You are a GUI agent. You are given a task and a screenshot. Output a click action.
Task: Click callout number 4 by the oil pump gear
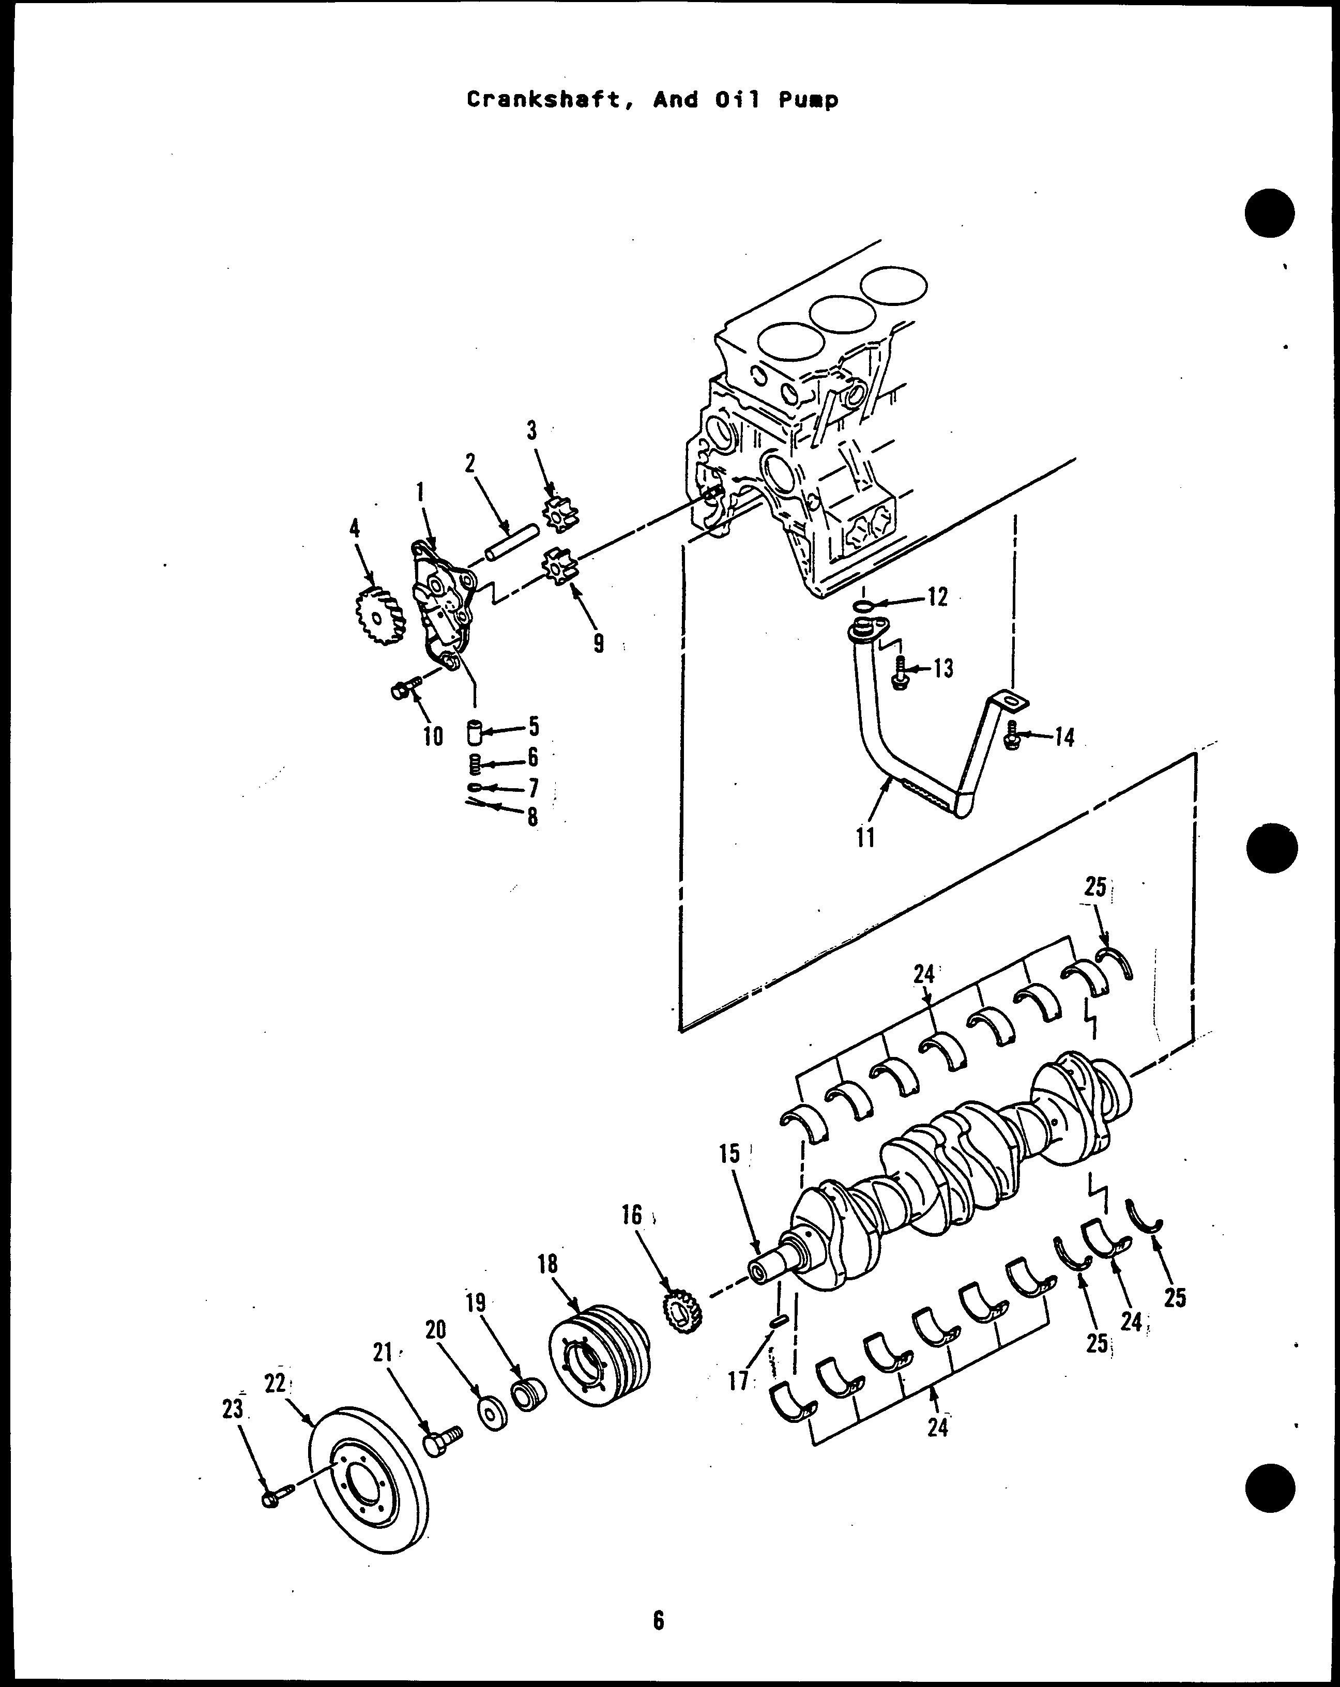(x=355, y=528)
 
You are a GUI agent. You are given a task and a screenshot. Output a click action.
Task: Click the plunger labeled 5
(x=474, y=733)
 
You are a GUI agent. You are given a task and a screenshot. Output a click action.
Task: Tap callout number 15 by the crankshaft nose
(x=729, y=1154)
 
